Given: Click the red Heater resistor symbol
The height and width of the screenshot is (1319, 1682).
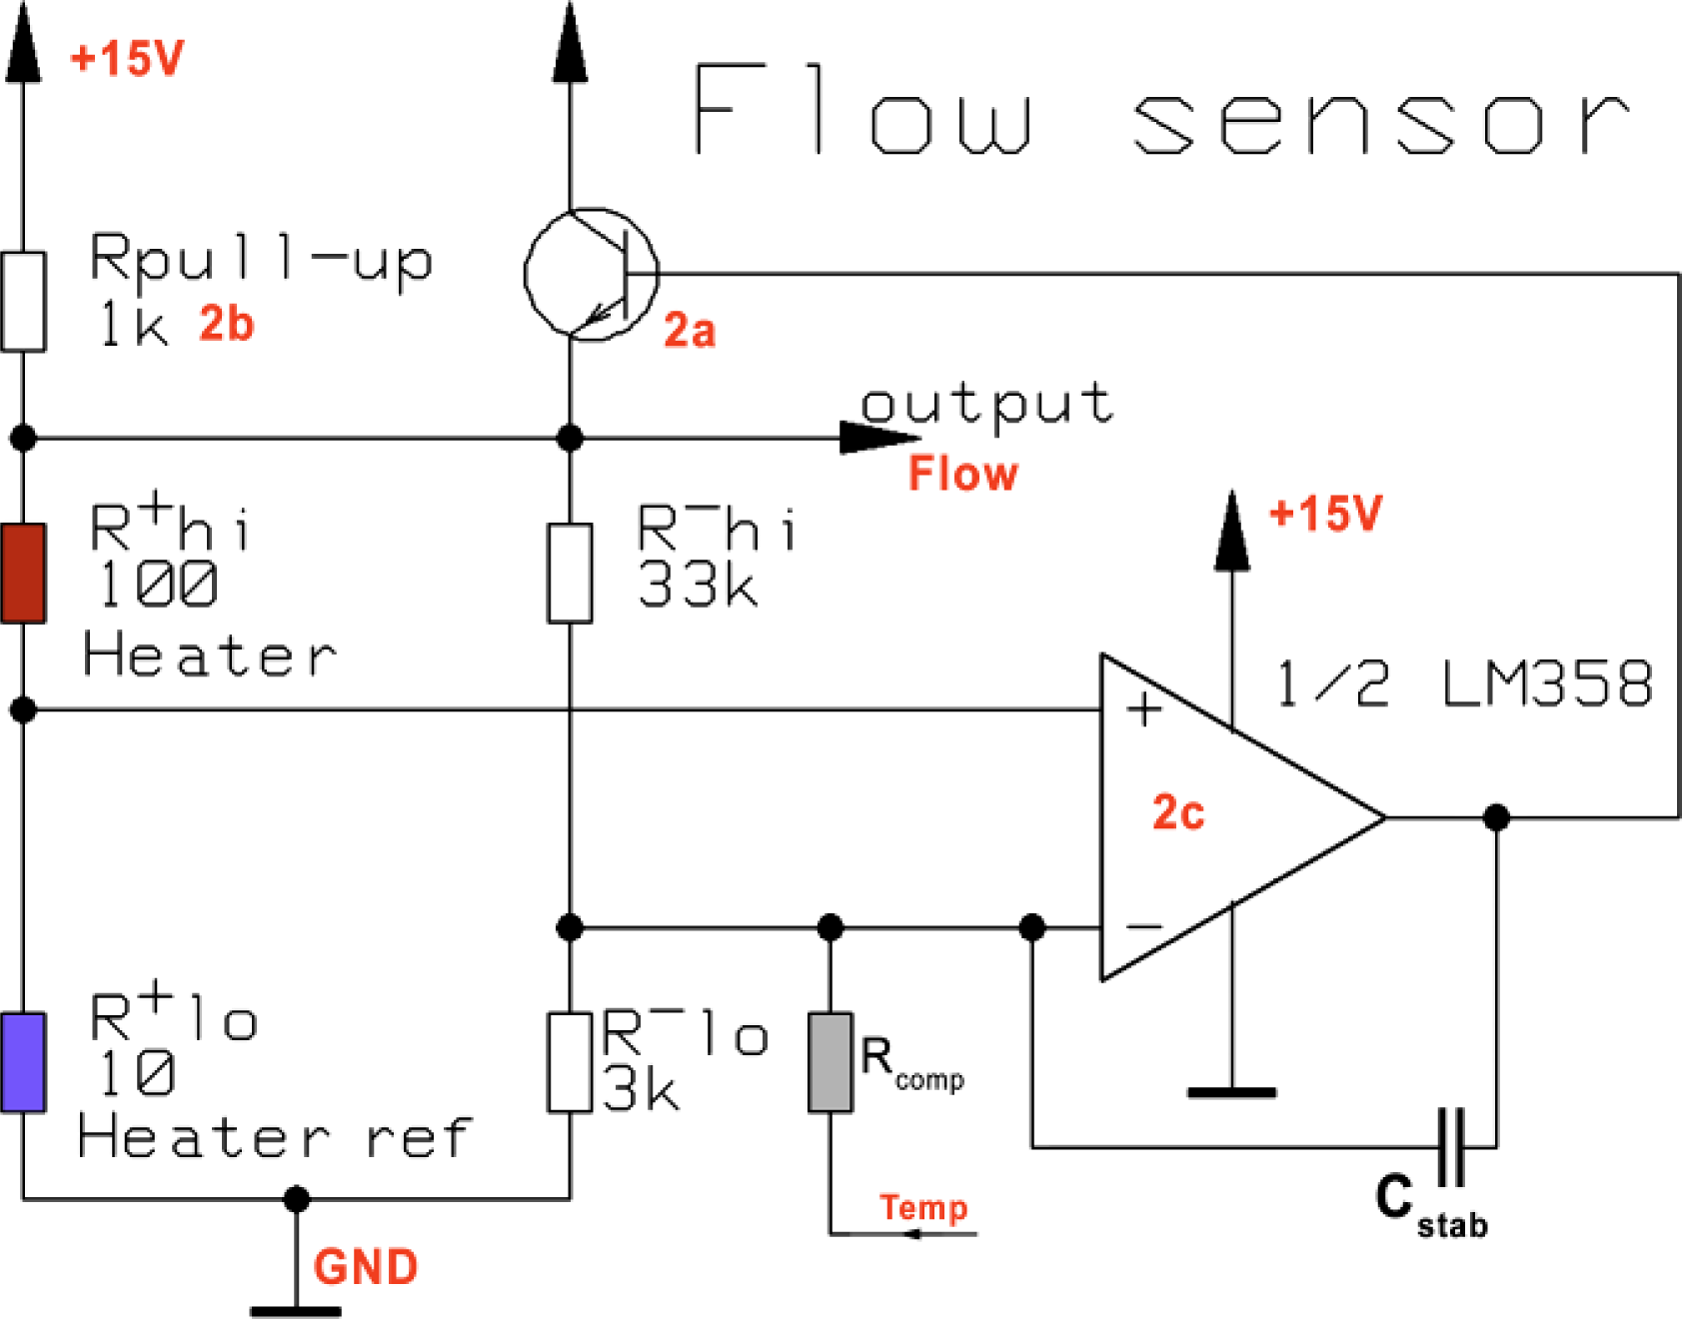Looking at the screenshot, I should pos(23,573).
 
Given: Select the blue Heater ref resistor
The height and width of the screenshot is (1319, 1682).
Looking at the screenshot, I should pos(23,1062).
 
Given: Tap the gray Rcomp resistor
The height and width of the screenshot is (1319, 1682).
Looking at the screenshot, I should pos(830,1062).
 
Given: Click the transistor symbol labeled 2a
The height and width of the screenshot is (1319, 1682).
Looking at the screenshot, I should pos(592,274).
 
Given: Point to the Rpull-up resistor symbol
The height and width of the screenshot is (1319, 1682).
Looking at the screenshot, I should pos(23,301).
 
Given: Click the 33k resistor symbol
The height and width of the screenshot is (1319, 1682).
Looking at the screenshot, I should pos(570,573).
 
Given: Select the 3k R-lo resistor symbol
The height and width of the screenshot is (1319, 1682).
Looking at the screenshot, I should pos(570,1062).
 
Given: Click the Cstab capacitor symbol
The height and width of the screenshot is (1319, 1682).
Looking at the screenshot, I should pos(1451,1146).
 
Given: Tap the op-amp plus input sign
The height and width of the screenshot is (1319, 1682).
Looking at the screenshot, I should pos(1144,710).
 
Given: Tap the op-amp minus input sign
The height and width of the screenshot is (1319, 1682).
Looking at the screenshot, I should pos(1144,927).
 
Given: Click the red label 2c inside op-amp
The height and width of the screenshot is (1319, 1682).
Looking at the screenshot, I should pos(1178,812).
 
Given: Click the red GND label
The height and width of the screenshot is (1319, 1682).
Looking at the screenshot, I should pos(366,1267).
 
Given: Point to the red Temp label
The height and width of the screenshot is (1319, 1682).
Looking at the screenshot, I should pos(923,1208).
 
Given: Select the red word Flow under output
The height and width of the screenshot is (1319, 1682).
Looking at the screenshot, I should pos(962,474).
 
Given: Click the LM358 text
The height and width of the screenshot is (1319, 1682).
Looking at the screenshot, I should pos(1547,684).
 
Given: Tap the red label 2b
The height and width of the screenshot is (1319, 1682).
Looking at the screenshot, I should pos(227,324).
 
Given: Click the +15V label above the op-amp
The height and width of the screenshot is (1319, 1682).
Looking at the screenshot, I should pos(1325,514).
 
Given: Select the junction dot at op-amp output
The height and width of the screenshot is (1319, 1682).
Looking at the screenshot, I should pos(1496,817).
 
